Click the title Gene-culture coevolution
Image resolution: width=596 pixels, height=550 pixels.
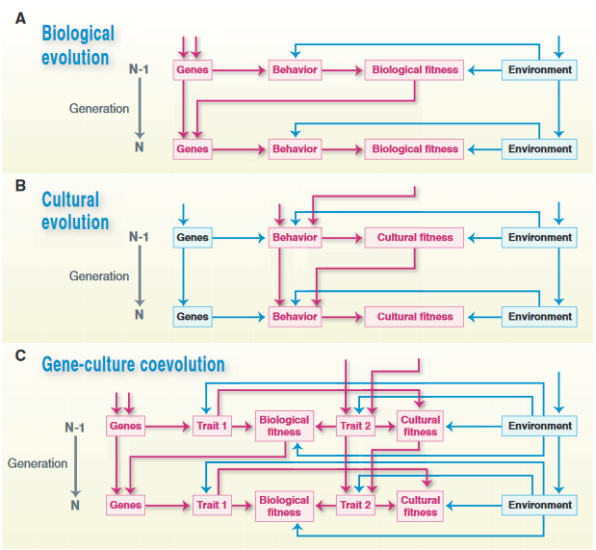coord(133,364)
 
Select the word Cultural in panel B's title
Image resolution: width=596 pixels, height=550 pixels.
coord(70,200)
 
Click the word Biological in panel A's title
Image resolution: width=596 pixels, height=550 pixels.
coord(78,34)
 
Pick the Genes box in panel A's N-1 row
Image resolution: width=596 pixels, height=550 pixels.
coord(193,70)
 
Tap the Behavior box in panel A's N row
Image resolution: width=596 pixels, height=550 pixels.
coord(295,149)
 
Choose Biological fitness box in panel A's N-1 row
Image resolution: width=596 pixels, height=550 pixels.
coord(415,70)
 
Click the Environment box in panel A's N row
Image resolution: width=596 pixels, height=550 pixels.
coord(539,149)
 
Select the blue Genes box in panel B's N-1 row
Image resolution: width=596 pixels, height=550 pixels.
coord(193,237)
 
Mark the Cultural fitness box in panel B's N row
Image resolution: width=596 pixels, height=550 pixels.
coord(415,316)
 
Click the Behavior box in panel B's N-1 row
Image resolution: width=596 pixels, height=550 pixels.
coord(295,237)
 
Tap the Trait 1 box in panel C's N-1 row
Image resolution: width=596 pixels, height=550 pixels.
coord(212,426)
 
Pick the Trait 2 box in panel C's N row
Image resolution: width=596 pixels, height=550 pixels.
coord(354,505)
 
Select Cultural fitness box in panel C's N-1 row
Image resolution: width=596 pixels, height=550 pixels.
coord(421,426)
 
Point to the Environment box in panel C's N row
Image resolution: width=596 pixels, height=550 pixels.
coord(539,505)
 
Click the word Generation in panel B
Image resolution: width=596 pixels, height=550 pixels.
coord(99,275)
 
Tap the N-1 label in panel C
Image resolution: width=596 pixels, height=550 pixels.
coord(75,427)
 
